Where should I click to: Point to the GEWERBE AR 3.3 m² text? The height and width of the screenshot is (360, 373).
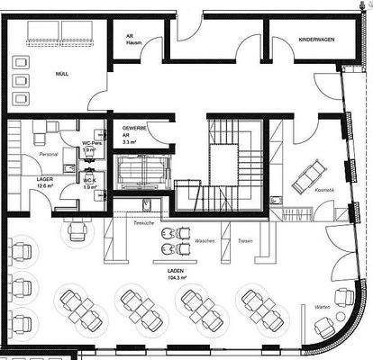coord(131,134)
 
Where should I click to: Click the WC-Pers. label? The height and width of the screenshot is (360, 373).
coord(90,147)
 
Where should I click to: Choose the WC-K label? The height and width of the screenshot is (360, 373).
coord(90,183)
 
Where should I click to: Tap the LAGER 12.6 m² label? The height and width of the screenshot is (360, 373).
coord(46,183)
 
